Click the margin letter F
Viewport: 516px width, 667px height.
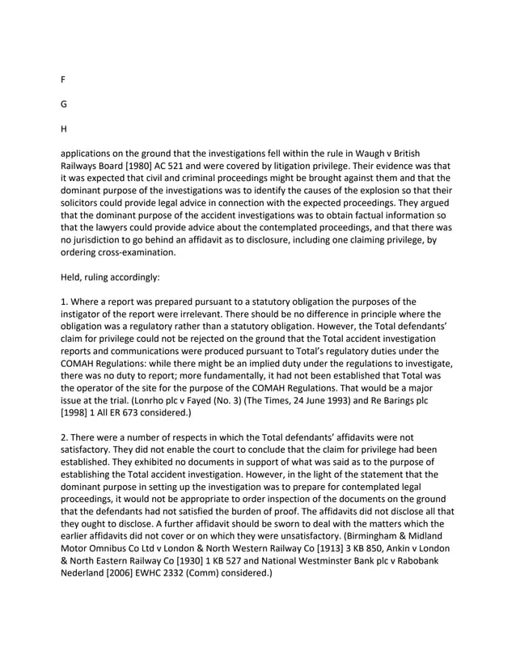63,80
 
